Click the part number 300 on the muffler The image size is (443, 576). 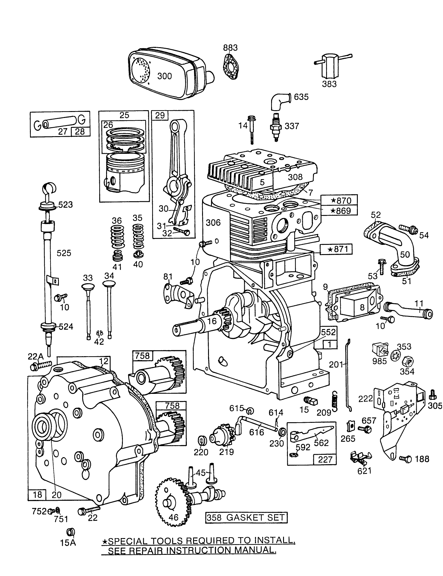[x=164, y=76]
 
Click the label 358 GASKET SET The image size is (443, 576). [x=247, y=517]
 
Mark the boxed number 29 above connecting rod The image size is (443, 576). [x=160, y=115]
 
